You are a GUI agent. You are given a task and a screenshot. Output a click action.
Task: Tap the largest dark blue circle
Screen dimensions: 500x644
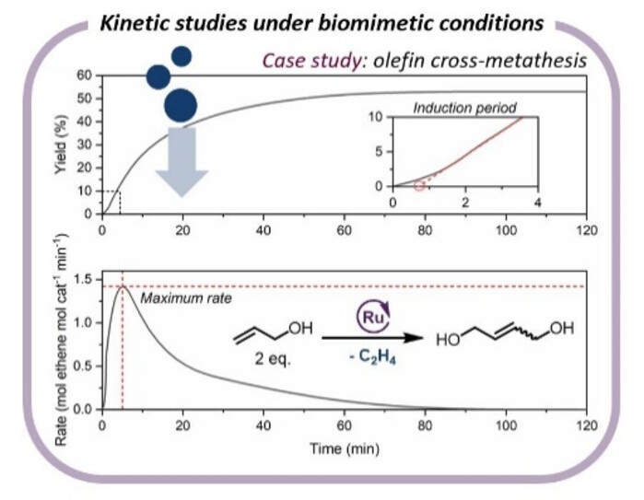[181, 105]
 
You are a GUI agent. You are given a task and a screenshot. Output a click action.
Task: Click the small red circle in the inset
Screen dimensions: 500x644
[419, 185]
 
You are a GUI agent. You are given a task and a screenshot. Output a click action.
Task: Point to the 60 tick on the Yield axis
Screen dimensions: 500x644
[84, 75]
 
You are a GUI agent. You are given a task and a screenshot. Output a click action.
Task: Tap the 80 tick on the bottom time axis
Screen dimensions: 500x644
[424, 425]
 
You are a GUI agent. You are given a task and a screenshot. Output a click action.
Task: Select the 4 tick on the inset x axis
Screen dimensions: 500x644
[536, 203]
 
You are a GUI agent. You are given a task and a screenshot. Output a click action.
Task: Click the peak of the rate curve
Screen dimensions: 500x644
[123, 287]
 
